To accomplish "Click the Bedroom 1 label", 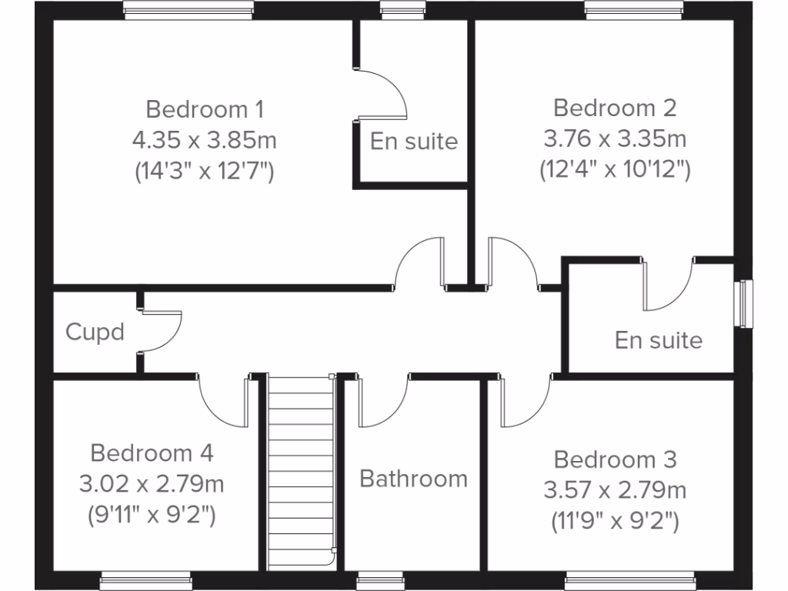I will tap(205, 109).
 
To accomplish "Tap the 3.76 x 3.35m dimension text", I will tap(615, 139).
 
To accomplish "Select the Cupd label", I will tap(95, 333).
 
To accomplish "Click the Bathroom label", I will tap(414, 479).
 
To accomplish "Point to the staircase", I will tap(301, 473).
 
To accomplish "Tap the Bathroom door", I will tap(381, 402).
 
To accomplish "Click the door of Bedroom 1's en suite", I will tap(381, 94).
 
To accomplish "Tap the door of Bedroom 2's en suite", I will tap(668, 285).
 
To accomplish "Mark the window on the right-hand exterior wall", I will tap(745, 304).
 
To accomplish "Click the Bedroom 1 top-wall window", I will tap(189, 10).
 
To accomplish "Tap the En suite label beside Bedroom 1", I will tap(414, 142).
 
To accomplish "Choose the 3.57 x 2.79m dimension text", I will tap(615, 489).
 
